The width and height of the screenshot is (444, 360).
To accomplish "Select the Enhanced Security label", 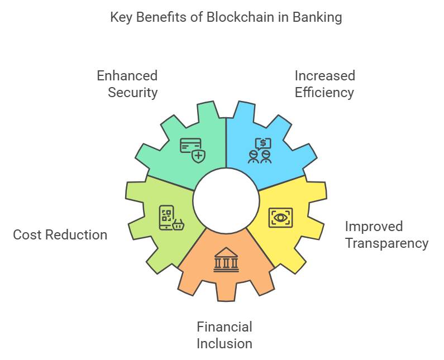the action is pos(128,84).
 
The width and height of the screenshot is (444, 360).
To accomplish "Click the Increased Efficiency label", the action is pos(324,84).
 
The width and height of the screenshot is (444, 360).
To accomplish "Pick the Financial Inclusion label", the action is pos(225,334).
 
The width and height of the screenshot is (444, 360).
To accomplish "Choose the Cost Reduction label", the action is pos(60,234).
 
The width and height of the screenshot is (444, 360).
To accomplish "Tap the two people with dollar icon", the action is pos(260,150).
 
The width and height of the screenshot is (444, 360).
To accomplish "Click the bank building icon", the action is pos(226,260).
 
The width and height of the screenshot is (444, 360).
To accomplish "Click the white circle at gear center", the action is pos(226,200).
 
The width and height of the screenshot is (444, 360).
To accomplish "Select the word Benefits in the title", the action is pos(160,17).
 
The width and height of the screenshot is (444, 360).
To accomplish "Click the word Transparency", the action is pos(386,243).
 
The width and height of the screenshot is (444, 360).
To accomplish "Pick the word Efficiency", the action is pos(324,92).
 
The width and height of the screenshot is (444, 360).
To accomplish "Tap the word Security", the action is pos(133,92).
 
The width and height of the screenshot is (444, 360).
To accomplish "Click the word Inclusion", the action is pos(225,343).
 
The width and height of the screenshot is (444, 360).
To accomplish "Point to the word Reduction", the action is pos(76,234).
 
